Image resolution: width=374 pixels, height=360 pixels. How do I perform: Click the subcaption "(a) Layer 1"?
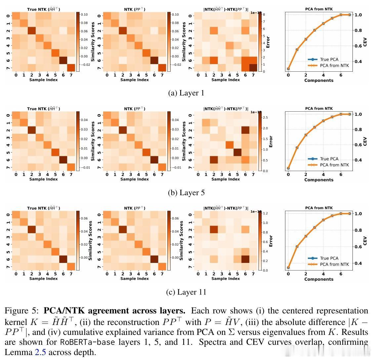tap(186, 93)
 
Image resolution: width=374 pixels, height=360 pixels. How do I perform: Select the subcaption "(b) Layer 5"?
tap(186, 193)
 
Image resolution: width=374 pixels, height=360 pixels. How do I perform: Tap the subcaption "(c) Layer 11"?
tap(187, 292)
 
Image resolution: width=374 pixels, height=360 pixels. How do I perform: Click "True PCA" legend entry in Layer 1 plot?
tap(329, 59)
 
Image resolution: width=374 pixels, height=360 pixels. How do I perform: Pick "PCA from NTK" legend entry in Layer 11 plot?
tap(334, 264)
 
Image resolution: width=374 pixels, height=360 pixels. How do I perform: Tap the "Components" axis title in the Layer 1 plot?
tap(319, 80)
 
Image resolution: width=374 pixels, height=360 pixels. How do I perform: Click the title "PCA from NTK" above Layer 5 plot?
tap(319, 108)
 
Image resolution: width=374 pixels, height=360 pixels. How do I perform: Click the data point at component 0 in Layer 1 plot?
tap(288, 69)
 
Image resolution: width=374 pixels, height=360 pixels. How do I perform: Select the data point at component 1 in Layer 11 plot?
tap(297, 246)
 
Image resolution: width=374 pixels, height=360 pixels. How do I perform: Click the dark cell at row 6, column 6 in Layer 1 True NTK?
tap(63, 60)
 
